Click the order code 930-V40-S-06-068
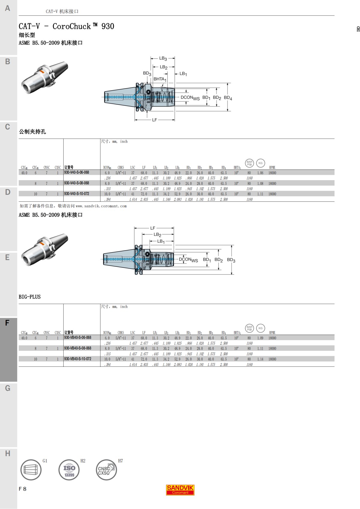tap(76, 172)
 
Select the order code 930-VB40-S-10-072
tap(77, 359)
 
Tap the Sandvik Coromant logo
tap(180, 490)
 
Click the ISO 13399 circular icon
tap(69, 470)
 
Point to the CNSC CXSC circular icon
tap(106, 470)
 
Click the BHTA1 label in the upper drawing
tap(160, 79)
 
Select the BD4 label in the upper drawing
tap(228, 98)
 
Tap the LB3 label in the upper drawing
tap(163, 58)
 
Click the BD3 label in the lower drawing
tap(231, 260)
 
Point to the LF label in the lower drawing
tap(153, 228)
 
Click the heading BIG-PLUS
tap(29, 297)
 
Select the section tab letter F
tap(7, 323)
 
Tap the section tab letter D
tap(7, 192)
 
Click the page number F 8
tap(22, 489)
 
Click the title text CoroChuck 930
tap(83, 26)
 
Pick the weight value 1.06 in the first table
tap(260, 173)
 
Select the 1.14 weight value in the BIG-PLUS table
tap(260, 359)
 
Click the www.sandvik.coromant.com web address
tap(101, 206)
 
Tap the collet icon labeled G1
tap(31, 470)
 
